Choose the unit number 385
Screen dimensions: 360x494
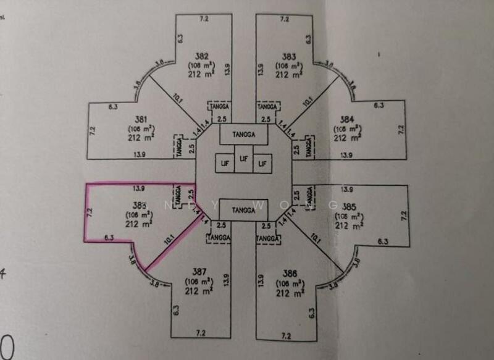[350, 206]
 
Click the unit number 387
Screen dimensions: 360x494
[199, 272]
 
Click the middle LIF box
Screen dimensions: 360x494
[245, 159]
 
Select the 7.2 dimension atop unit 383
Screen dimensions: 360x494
[285, 19]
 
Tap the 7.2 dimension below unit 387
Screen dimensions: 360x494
[200, 333]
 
